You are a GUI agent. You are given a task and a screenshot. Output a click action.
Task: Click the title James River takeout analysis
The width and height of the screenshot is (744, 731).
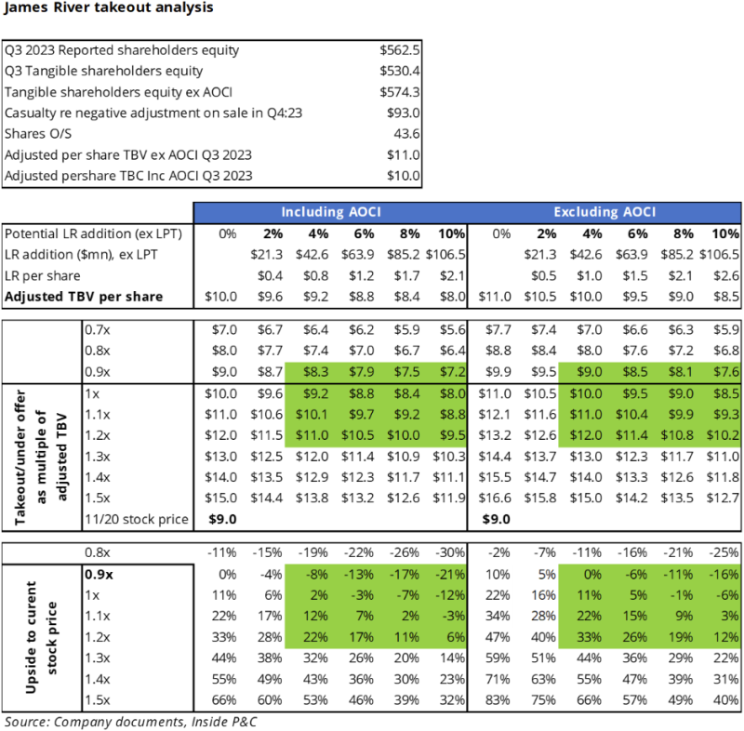[108, 8]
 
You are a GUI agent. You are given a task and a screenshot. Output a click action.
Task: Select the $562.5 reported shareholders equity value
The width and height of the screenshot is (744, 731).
[400, 50]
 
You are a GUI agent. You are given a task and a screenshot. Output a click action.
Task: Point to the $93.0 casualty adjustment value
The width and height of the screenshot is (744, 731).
[404, 113]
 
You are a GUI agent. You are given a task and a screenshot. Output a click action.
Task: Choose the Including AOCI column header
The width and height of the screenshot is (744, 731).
[333, 211]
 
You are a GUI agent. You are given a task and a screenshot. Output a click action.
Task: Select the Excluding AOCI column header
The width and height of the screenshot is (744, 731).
[608, 211]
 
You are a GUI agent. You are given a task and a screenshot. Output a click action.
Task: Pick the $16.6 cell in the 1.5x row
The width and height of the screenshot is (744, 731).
[495, 498]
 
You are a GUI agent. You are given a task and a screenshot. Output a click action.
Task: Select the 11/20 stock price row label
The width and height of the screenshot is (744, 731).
[136, 518]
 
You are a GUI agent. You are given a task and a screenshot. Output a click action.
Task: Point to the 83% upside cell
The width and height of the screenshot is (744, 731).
[495, 699]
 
